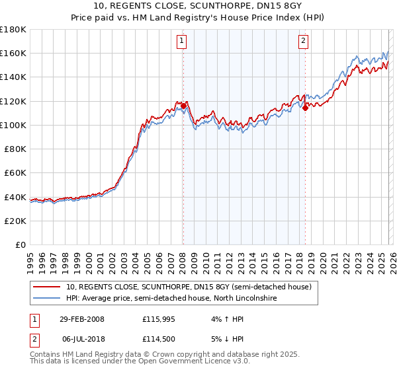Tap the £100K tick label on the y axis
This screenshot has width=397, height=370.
coord(13,125)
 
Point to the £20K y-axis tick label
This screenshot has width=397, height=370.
coord(15,221)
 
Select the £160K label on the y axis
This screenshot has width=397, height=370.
coord(13,53)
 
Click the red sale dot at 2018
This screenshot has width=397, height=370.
coord(305,108)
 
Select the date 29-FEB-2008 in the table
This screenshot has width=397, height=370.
coord(81,319)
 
